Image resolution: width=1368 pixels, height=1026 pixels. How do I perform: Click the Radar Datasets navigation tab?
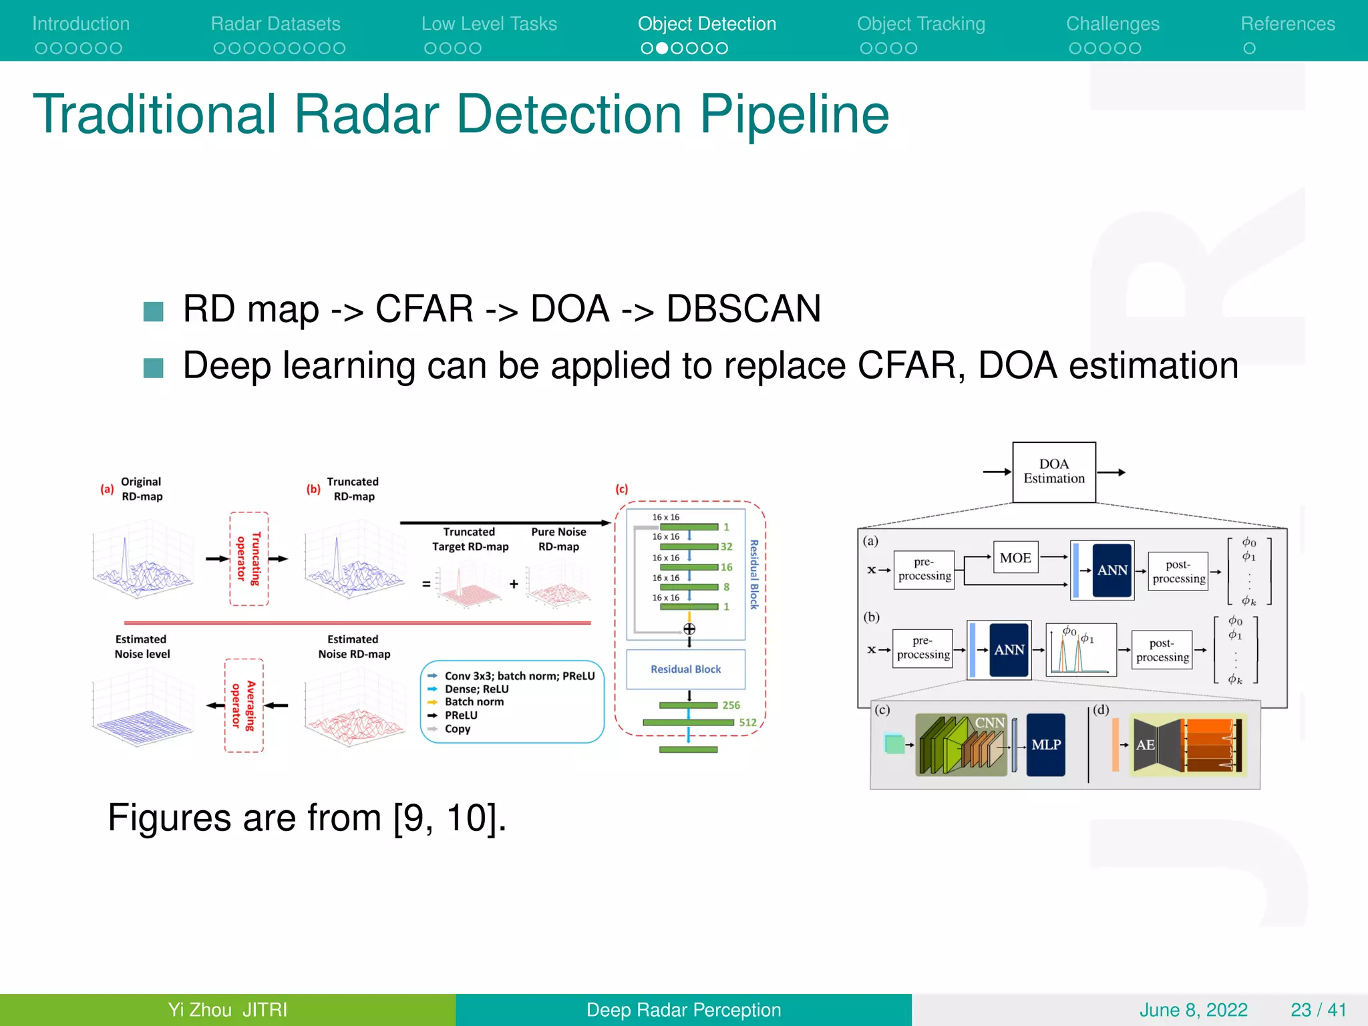(x=275, y=24)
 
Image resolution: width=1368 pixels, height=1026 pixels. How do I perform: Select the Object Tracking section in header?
(x=920, y=24)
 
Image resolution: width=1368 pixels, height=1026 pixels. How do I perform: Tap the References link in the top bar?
(x=1287, y=24)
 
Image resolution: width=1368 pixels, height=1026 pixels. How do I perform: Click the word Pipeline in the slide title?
(x=794, y=114)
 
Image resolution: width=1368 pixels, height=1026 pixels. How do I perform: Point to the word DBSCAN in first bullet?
(x=743, y=309)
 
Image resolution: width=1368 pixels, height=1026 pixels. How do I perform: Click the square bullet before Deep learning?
(x=154, y=367)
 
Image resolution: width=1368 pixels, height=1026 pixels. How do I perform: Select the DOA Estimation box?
(x=1053, y=472)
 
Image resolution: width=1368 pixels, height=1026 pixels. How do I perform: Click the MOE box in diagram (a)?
(x=1015, y=558)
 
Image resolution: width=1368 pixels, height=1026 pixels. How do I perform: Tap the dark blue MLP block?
(x=1045, y=745)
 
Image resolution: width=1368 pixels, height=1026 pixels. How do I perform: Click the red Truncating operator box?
(x=248, y=558)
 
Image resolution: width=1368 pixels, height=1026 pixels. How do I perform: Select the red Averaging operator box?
(x=244, y=705)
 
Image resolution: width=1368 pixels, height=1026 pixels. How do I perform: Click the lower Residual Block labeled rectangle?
(x=685, y=669)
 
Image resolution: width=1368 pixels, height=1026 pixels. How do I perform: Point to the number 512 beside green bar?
(x=747, y=723)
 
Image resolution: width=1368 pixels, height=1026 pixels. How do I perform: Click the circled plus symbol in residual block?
(x=689, y=629)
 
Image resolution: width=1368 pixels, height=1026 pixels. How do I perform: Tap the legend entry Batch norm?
(x=474, y=702)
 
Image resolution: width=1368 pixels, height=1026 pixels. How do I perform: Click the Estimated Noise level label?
(x=142, y=647)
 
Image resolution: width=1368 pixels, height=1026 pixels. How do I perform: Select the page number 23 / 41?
(x=1318, y=1009)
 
